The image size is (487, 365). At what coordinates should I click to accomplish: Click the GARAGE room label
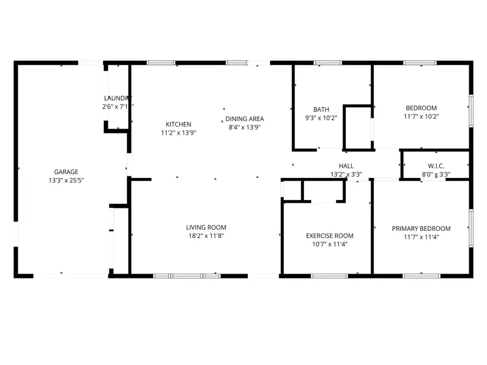click(x=65, y=172)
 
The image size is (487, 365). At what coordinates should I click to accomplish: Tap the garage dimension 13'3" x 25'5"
click(x=65, y=181)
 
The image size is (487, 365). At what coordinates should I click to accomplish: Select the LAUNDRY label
click(x=117, y=98)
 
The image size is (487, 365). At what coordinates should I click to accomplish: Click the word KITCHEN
click(x=178, y=124)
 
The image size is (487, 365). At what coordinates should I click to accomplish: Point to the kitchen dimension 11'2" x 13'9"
click(x=178, y=133)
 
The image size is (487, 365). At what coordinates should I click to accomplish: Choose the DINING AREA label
click(x=245, y=119)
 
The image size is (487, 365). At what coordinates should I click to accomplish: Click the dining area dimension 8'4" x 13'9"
click(x=245, y=128)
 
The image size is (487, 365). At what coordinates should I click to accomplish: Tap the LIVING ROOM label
click(x=206, y=227)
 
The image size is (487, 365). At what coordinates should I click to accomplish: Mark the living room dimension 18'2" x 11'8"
click(x=206, y=236)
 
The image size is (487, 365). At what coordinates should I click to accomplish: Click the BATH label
click(x=321, y=109)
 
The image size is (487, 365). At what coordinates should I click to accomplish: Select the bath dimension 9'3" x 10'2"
click(x=321, y=118)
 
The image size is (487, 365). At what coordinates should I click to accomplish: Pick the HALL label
click(x=346, y=166)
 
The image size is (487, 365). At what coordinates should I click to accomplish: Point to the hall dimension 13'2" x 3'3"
click(x=346, y=175)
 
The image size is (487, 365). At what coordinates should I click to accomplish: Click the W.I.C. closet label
click(x=436, y=166)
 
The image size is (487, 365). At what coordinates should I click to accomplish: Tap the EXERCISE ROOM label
click(x=330, y=236)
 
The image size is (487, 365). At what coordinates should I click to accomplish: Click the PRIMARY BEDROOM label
click(x=421, y=229)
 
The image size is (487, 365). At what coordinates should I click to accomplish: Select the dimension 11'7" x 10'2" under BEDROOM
click(x=421, y=116)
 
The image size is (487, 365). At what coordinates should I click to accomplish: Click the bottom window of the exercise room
click(x=330, y=276)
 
